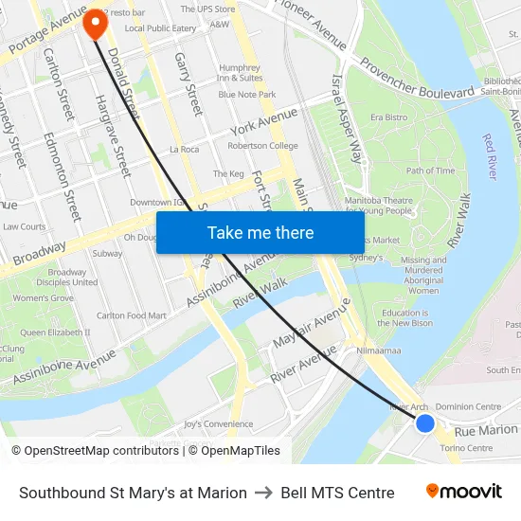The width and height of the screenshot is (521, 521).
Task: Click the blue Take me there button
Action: point(260,233)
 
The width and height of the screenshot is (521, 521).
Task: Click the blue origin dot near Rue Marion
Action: point(425,423)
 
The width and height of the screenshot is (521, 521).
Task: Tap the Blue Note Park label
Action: point(246,95)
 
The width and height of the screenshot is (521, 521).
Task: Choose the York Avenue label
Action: point(263,123)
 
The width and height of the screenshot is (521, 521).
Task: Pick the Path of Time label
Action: point(430,171)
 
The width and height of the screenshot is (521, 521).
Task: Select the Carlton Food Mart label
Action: point(132,315)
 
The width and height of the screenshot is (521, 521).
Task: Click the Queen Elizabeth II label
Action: point(55,332)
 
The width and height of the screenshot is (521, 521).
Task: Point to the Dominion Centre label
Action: point(468,406)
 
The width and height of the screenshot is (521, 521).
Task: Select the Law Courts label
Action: point(24,226)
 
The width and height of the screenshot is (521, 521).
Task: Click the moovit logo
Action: point(463,492)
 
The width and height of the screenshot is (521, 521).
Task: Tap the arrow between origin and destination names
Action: point(263,493)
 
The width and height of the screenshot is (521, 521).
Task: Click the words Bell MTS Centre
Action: point(337,493)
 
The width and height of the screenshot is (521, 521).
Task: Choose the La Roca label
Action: point(184,150)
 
